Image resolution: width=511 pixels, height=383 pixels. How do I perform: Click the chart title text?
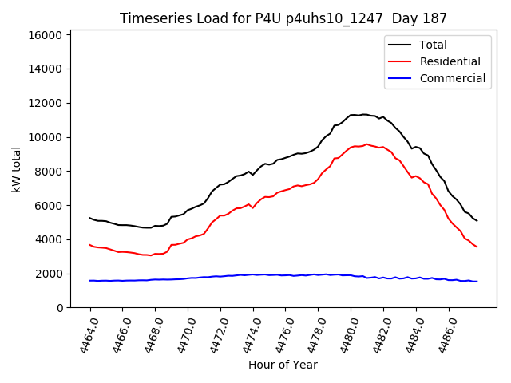coord(283,18)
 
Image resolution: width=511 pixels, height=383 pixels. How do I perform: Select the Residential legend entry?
coord(450,61)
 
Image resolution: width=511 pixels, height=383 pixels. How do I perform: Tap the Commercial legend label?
coord(452,78)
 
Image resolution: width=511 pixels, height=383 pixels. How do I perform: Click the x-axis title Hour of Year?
coord(283,365)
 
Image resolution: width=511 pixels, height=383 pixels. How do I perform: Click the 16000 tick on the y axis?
coord(46,35)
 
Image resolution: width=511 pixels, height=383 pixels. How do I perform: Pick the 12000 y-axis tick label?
coord(46,103)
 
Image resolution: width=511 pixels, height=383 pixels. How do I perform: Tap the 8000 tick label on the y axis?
coord(49,172)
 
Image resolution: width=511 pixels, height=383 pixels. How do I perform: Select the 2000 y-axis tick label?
coord(49,274)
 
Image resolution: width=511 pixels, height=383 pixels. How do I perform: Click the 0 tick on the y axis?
coord(59,308)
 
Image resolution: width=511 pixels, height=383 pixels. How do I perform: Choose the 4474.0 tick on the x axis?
coord(247,334)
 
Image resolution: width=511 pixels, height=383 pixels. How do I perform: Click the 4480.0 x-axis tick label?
coord(345,334)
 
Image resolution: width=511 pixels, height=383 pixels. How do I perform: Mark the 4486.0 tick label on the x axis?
coord(442,334)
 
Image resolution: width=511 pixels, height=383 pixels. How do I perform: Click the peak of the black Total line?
coord(365,114)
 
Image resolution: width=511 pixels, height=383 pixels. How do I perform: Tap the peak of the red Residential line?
coord(366,144)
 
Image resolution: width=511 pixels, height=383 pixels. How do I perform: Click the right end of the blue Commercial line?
coord(477,281)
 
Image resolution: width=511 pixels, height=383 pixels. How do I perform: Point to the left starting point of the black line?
coord(89,218)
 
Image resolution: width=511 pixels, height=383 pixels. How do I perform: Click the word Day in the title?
coord(407,18)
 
